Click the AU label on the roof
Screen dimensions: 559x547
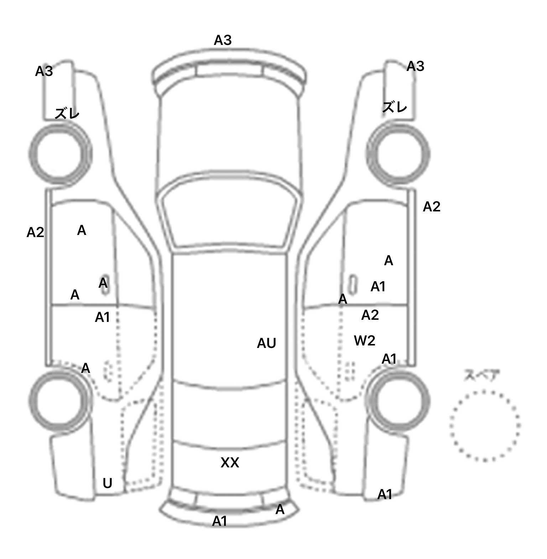(x=266, y=343)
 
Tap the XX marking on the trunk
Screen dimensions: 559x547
(x=230, y=463)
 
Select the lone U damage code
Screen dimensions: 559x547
(x=107, y=483)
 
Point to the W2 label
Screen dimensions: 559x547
(x=365, y=341)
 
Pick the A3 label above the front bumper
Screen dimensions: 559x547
(x=223, y=40)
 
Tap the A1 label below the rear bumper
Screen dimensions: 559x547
(x=219, y=522)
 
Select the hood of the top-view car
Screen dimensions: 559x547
(x=229, y=135)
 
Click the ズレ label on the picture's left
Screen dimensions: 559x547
(x=67, y=114)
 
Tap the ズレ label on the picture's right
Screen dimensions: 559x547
(x=395, y=107)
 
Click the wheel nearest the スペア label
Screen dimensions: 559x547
(x=398, y=400)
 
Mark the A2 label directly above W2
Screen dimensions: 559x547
(x=370, y=315)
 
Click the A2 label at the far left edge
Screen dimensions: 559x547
(x=35, y=232)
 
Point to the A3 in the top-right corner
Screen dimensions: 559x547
(x=415, y=66)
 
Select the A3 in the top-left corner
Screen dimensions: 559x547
(x=44, y=72)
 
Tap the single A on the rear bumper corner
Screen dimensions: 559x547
(x=280, y=510)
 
